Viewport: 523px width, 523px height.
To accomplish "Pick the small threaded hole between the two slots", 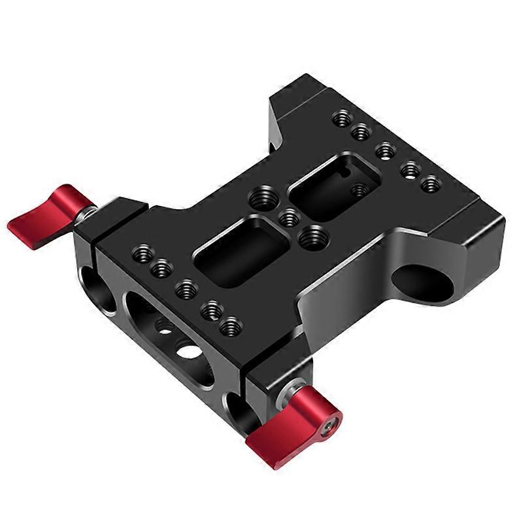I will coord(288,217).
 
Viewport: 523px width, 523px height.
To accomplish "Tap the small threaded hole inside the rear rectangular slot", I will coord(358,191).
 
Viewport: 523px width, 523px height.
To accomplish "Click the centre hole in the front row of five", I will coord(186,288).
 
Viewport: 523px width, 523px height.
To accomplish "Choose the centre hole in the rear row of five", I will coord(385,150).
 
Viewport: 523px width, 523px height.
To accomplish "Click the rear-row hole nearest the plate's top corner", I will coord(342,119).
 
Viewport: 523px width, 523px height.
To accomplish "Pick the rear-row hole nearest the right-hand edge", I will coord(430,184).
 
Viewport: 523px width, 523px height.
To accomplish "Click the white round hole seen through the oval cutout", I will coord(190,351).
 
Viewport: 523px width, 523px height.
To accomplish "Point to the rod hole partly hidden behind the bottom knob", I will coord(238,409).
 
